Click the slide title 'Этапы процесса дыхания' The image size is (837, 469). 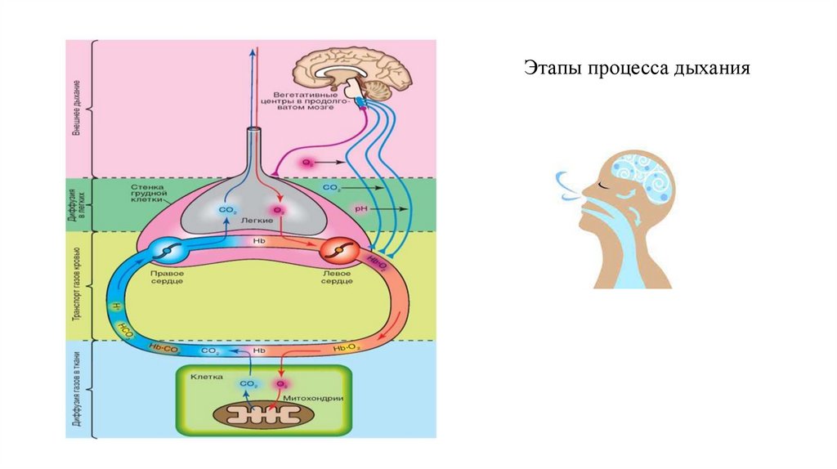click(637, 68)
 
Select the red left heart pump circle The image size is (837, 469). click(337, 251)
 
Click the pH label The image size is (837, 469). click(360, 209)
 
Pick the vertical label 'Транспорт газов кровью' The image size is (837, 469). click(76, 284)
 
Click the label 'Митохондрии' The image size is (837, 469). click(315, 397)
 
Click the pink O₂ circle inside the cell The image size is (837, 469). click(282, 382)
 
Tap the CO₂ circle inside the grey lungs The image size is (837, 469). click(226, 210)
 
